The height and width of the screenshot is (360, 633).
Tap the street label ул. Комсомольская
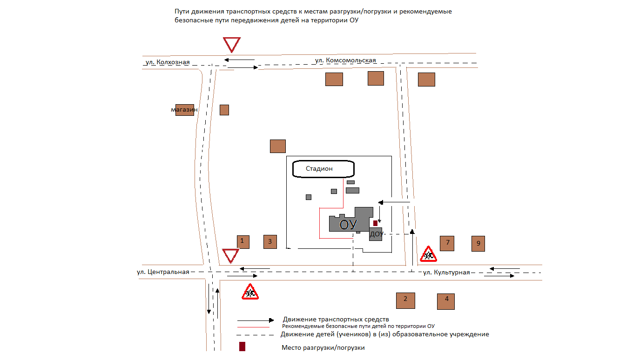(x=345, y=60)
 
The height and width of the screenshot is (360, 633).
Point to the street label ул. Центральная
(x=163, y=272)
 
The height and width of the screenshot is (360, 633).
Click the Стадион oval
(x=323, y=169)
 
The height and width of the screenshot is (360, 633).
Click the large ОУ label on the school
(x=348, y=225)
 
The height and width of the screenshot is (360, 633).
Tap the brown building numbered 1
(x=242, y=241)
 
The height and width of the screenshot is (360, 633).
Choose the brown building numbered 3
(x=270, y=242)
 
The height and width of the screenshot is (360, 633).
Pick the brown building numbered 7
(x=447, y=243)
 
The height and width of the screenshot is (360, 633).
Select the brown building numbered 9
(x=478, y=244)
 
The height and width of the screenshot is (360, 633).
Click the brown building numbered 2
(x=405, y=300)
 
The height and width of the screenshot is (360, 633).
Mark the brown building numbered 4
(x=446, y=301)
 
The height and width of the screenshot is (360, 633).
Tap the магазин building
(x=184, y=110)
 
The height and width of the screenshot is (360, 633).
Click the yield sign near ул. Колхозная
(x=231, y=44)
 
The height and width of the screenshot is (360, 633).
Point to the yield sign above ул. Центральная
(x=230, y=255)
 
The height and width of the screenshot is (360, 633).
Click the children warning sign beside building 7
(x=429, y=254)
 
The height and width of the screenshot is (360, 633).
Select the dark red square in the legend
(x=242, y=347)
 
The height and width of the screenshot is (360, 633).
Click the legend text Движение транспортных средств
(x=336, y=320)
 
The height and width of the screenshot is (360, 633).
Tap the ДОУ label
(x=376, y=234)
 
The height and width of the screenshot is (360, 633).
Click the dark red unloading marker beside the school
(x=375, y=223)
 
